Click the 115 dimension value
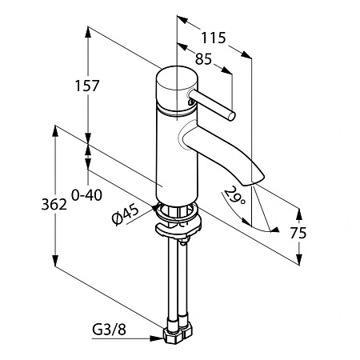point(214,38)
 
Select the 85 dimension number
point(203,59)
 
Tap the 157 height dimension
point(87,86)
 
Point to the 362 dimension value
point(54,205)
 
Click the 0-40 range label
point(86,195)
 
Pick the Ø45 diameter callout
point(126,214)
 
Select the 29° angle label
point(234,196)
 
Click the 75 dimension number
point(298,234)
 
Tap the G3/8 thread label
point(109,330)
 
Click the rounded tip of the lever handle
point(231,116)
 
